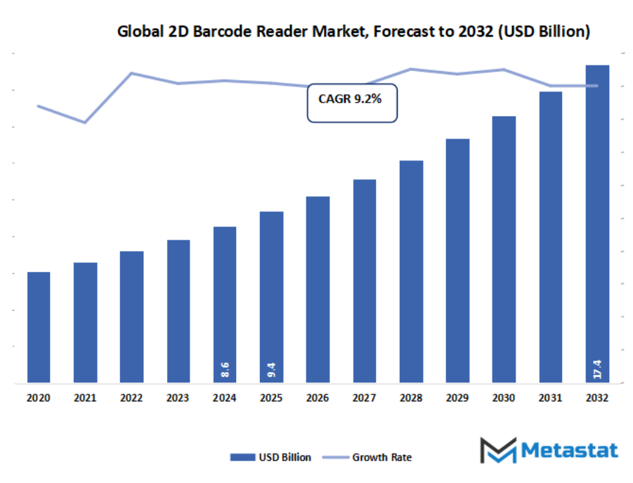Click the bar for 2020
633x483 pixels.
pyautogui.click(x=39, y=327)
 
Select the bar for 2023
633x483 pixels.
pyautogui.click(x=178, y=311)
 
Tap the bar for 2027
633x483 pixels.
pyautogui.click(x=365, y=281)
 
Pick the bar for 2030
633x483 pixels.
pyautogui.click(x=504, y=250)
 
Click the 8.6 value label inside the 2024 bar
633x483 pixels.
pyautogui.click(x=225, y=370)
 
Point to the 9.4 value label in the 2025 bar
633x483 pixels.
pyautogui.click(x=271, y=370)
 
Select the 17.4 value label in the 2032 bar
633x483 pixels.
pyautogui.click(x=597, y=368)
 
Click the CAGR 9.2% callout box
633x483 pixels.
pyautogui.click(x=351, y=103)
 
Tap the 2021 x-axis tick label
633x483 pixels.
pyautogui.click(x=85, y=398)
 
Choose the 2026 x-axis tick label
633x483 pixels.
pyautogui.click(x=318, y=398)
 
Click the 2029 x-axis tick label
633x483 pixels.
pyautogui.click(x=457, y=398)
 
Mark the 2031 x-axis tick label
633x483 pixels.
pyautogui.click(x=550, y=398)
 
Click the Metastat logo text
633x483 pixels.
pyautogui.click(x=570, y=449)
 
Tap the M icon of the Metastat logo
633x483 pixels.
pyautogui.click(x=497, y=449)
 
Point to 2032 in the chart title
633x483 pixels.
pyautogui.click(x=475, y=32)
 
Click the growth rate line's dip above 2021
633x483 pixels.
pyautogui.click(x=85, y=122)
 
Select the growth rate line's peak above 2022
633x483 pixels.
pyautogui.click(x=131, y=73)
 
